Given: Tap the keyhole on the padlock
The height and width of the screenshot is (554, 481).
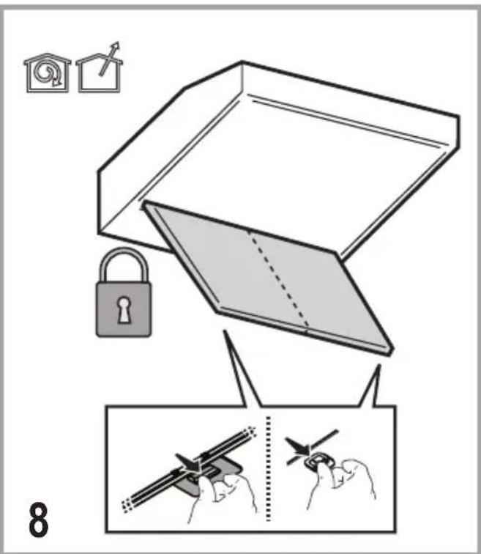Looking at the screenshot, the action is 123,309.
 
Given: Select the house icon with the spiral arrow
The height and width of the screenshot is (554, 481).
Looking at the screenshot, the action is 48,73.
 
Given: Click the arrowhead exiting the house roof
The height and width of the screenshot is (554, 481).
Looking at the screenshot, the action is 115,47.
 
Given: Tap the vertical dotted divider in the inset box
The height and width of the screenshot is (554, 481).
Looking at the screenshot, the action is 268,468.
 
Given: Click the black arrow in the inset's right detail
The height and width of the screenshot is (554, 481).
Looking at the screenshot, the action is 298,446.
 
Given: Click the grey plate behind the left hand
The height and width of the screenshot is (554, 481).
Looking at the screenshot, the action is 208,475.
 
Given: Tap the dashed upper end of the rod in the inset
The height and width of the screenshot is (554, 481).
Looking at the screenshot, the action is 250,432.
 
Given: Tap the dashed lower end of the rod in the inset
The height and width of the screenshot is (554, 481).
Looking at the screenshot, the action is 127,506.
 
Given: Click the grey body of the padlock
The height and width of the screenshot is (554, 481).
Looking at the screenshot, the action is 124,309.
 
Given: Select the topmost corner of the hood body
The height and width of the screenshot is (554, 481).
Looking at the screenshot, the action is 242,62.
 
